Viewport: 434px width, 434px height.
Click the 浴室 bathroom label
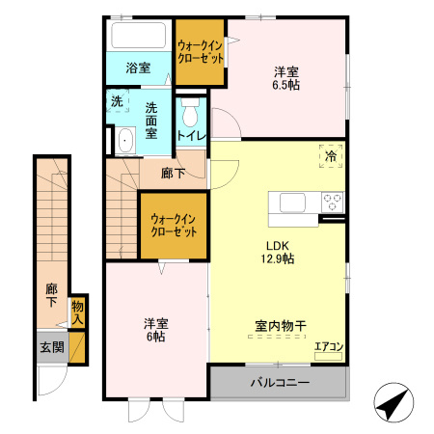point(139,68)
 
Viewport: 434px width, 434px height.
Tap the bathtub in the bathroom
point(139,38)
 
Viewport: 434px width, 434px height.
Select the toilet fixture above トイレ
point(190,111)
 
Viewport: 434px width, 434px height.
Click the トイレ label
point(191,136)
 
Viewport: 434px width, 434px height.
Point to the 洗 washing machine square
point(117,101)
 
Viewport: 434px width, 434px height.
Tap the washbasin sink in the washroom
point(123,143)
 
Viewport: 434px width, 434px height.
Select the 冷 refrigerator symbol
point(330,155)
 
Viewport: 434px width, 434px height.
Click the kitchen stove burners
point(332,203)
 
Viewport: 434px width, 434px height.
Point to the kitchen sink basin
point(291,203)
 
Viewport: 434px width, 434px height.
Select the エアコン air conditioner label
point(329,346)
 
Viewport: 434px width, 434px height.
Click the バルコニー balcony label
point(280,383)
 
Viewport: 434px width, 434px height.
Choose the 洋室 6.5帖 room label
point(285,78)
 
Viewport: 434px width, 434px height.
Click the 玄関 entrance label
point(51,347)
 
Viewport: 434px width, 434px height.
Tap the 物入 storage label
point(78,312)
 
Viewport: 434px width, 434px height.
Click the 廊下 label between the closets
point(174,174)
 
